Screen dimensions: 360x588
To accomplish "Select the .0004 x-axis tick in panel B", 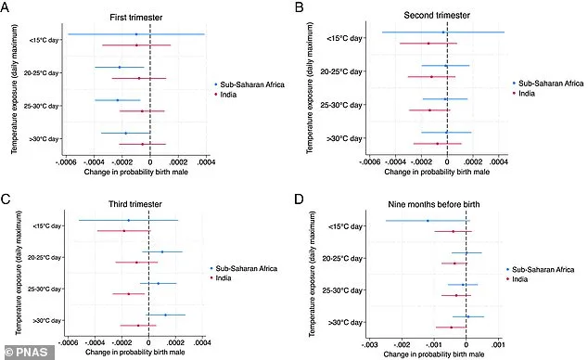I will (498, 160).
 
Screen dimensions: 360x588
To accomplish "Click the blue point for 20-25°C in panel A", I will (120, 67).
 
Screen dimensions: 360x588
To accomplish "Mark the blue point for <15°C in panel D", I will (428, 221).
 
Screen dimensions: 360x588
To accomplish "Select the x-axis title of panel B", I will (428, 172).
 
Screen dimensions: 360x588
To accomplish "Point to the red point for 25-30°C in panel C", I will (128, 293).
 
